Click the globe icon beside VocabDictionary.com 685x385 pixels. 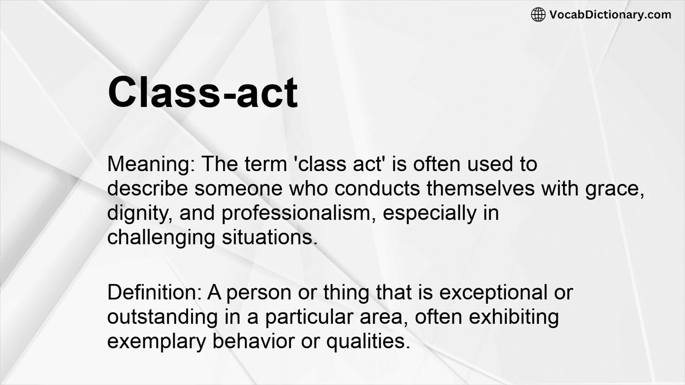pos(538,14)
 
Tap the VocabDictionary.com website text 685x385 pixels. pos(610,14)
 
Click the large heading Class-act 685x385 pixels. pos(202,92)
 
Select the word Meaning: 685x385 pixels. pos(150,164)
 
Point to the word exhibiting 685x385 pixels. pos(514,317)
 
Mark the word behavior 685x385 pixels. pos(254,341)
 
